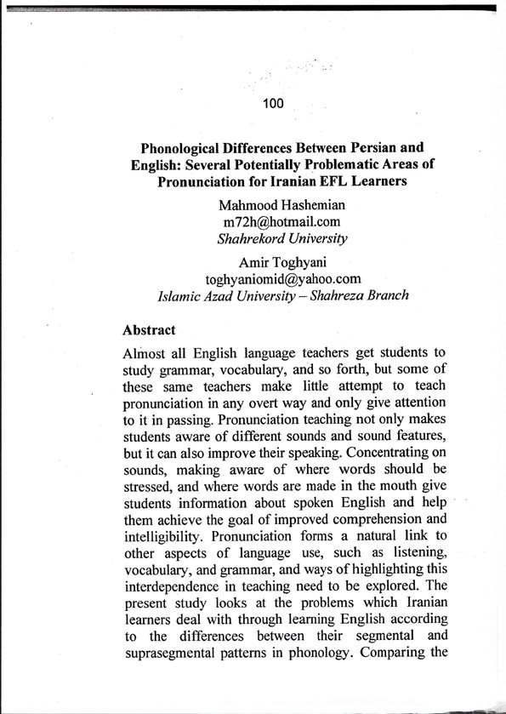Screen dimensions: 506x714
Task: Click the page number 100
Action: click(272, 104)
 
